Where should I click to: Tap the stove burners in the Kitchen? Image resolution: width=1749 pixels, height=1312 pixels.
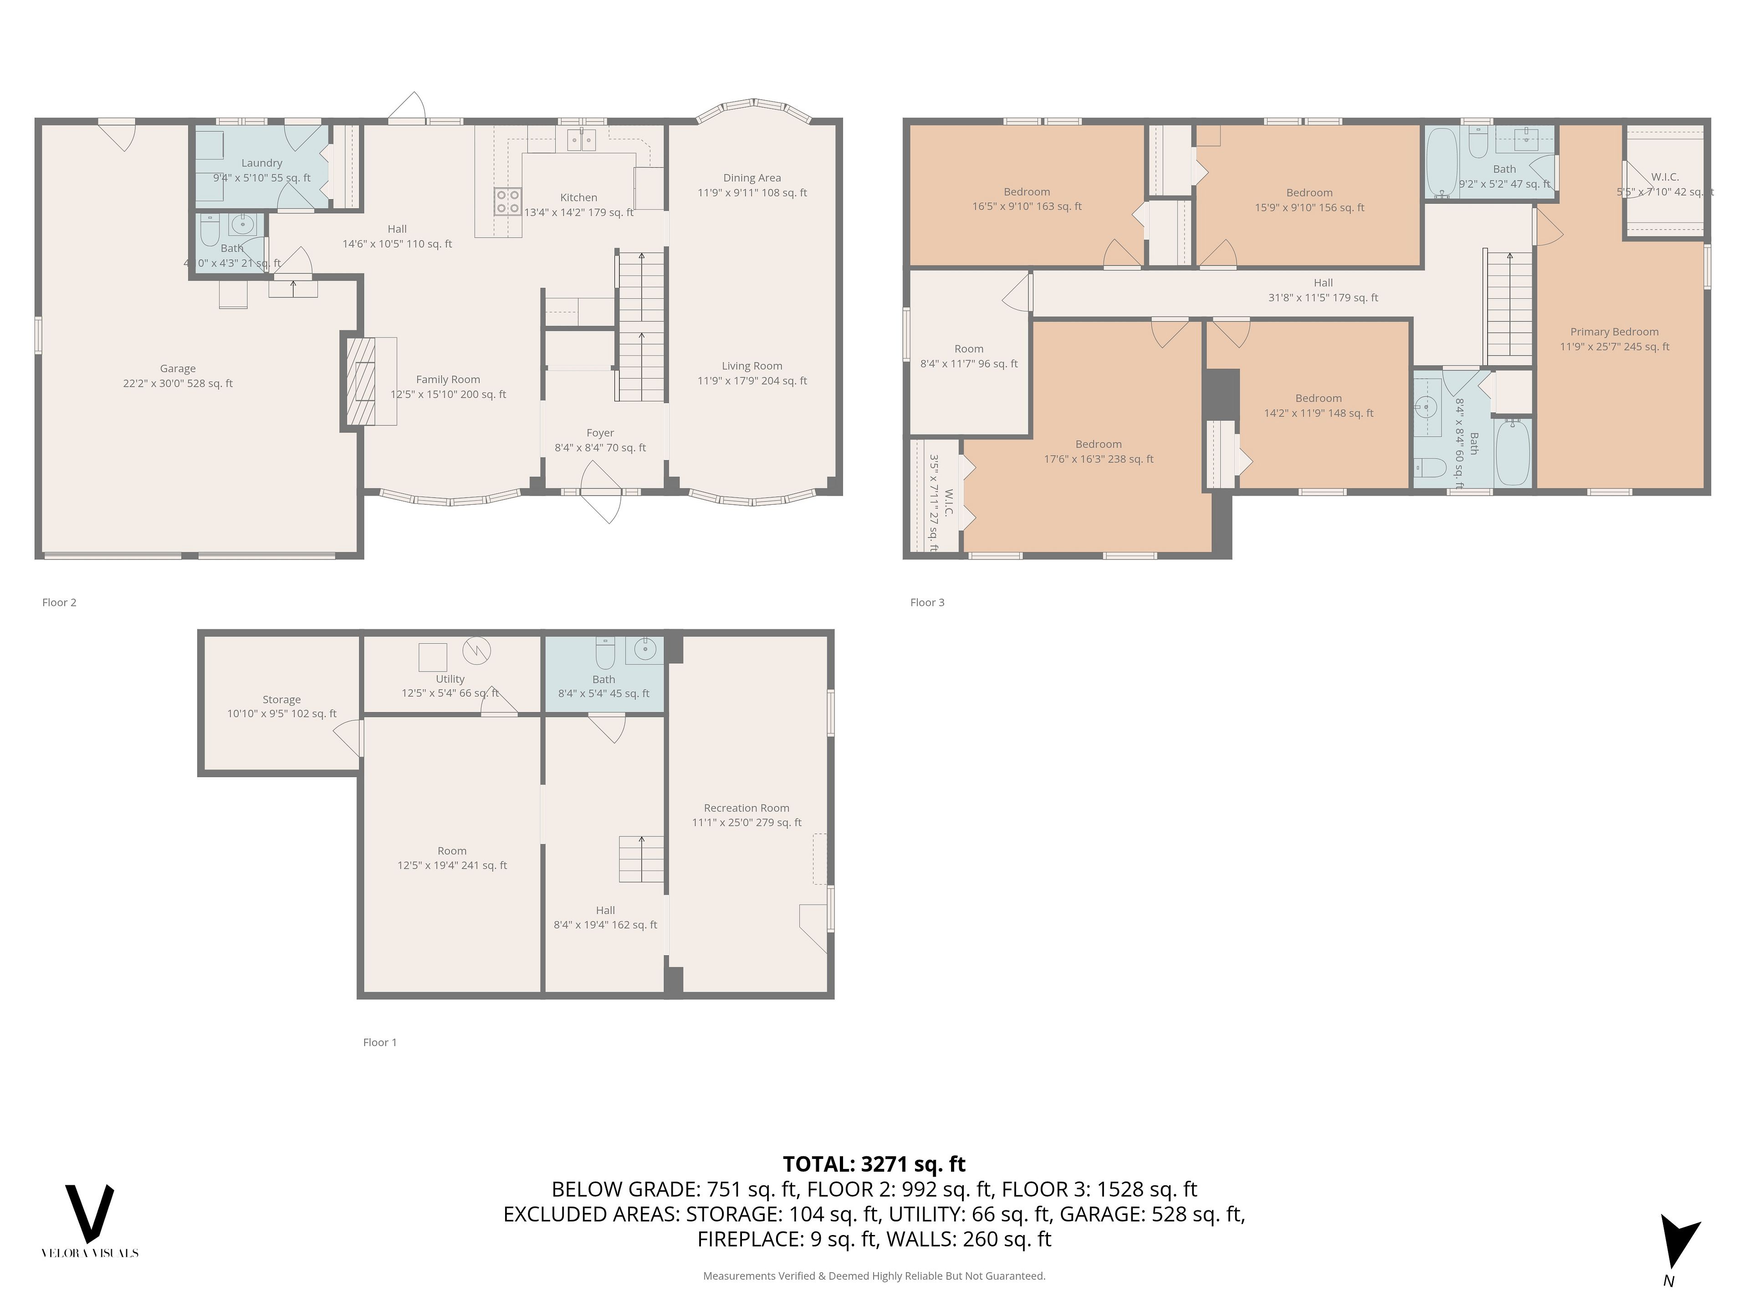coord(508,201)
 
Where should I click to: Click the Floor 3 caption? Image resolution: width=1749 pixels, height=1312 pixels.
coord(927,603)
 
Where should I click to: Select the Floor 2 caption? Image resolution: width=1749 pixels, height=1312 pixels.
coord(59,603)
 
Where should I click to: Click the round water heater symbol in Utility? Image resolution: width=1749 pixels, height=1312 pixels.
coord(477,651)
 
